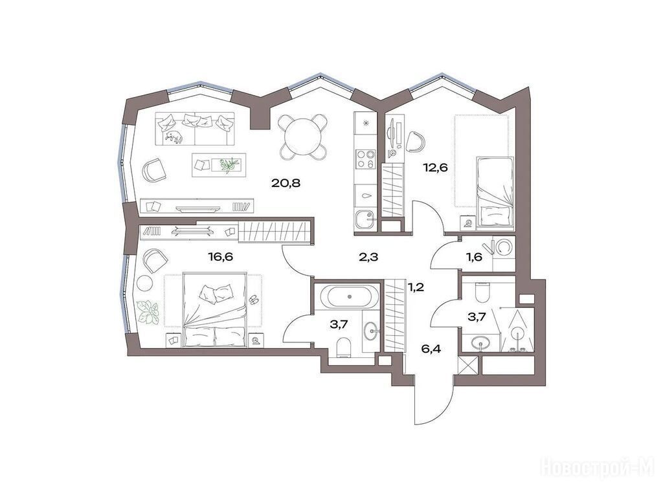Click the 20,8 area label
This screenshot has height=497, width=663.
coord(287,183)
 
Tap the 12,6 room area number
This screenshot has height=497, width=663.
coord(435,168)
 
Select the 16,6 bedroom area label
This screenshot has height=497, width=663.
coord(221,256)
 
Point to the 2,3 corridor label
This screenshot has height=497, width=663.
coord(368,256)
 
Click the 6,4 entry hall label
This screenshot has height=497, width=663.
coord(431,349)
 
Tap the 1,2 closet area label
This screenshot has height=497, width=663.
coord(415,288)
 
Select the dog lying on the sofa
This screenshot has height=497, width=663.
coord(174,136)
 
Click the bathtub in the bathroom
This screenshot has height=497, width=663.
coord(349,296)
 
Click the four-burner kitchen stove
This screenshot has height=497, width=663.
coord(365,159)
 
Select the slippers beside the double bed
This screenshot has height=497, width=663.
coord(253,299)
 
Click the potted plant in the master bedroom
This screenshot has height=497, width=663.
coord(148,312)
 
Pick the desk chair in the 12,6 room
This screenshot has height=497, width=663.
coord(415,141)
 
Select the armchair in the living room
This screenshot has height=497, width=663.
coord(154,170)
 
